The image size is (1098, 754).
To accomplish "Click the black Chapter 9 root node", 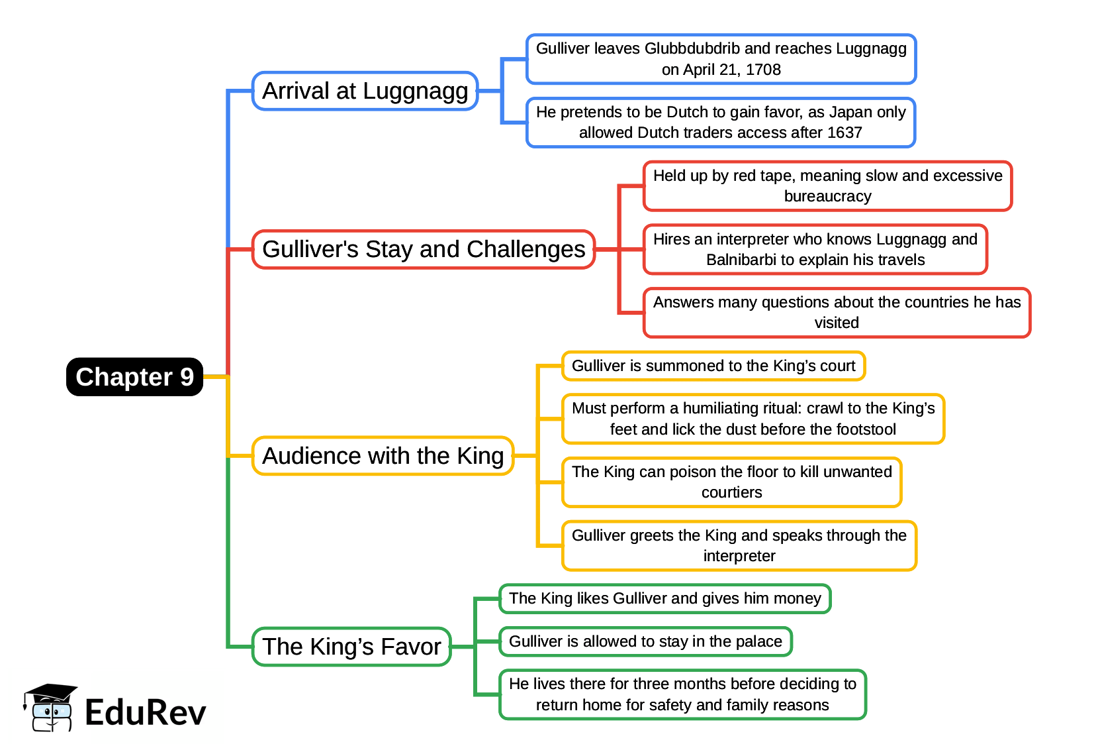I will tap(134, 377).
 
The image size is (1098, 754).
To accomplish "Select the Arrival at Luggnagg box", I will tap(365, 91).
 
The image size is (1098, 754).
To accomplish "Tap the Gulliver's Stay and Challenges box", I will tap(424, 249).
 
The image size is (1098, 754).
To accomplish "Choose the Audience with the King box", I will tap(383, 456).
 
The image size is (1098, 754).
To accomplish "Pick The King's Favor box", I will tap(351, 647).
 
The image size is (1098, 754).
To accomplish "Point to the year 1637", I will tap(845, 133).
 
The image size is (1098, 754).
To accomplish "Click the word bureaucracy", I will tap(827, 196).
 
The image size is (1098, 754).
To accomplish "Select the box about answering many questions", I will tap(837, 313).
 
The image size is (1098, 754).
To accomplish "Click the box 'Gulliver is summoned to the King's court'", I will tap(713, 366).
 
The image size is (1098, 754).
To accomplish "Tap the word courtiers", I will tap(731, 492).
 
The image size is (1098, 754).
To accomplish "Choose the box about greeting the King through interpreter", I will tap(739, 545).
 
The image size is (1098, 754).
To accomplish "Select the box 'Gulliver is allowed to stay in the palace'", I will tap(645, 641).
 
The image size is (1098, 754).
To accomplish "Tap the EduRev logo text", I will tap(146, 713).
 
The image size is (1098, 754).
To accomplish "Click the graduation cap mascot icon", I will tap(50, 708).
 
